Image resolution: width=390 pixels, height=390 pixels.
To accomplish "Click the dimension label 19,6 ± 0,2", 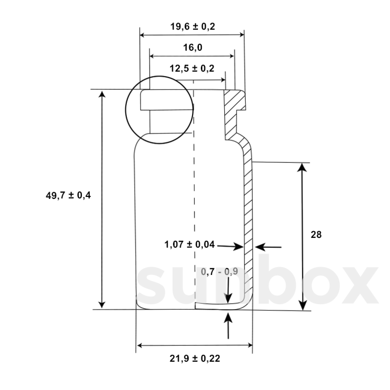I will coord(193,27).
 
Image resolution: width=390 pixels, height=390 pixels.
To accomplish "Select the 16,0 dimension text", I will coord(192,48).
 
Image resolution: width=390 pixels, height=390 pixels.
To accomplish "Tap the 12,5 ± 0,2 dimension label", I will coord(192,69).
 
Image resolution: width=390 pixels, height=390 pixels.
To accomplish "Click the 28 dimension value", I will coord(316,235).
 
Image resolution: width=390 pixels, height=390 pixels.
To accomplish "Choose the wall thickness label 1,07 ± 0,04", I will coord(190,244).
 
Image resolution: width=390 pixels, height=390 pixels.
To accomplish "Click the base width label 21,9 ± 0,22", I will coord(194,358).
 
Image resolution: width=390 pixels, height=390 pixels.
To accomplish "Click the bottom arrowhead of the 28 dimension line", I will coord(303,305).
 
